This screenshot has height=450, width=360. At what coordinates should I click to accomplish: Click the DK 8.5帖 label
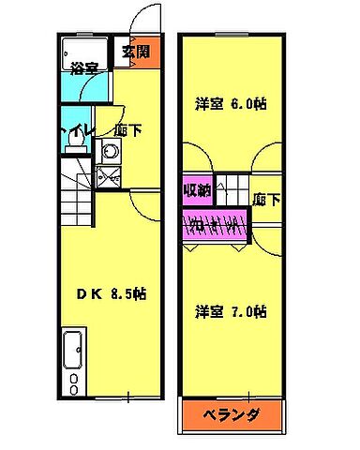(111, 293)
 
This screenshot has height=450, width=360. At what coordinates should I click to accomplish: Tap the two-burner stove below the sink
(72, 381)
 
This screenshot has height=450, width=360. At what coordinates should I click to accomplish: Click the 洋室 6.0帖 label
(232, 104)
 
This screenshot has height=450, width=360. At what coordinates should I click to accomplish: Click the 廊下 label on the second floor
(266, 199)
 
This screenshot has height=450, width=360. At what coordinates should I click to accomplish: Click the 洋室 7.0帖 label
(232, 310)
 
